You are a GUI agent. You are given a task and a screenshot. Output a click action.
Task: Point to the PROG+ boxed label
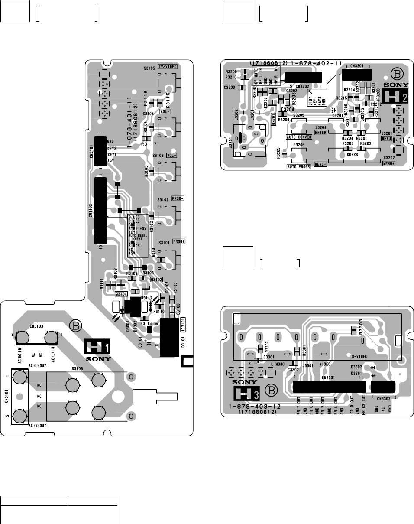(x=178, y=241)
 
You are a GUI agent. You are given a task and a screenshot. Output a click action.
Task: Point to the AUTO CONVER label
(x=299, y=137)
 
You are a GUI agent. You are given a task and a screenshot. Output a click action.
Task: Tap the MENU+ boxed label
(x=388, y=164)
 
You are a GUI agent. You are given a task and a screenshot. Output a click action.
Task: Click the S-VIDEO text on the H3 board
(x=359, y=355)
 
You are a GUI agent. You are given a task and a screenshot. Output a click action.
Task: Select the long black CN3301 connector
(x=330, y=387)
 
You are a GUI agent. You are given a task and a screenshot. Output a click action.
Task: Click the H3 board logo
(x=245, y=394)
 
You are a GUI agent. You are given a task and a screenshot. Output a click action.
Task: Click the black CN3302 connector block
(x=383, y=387)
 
